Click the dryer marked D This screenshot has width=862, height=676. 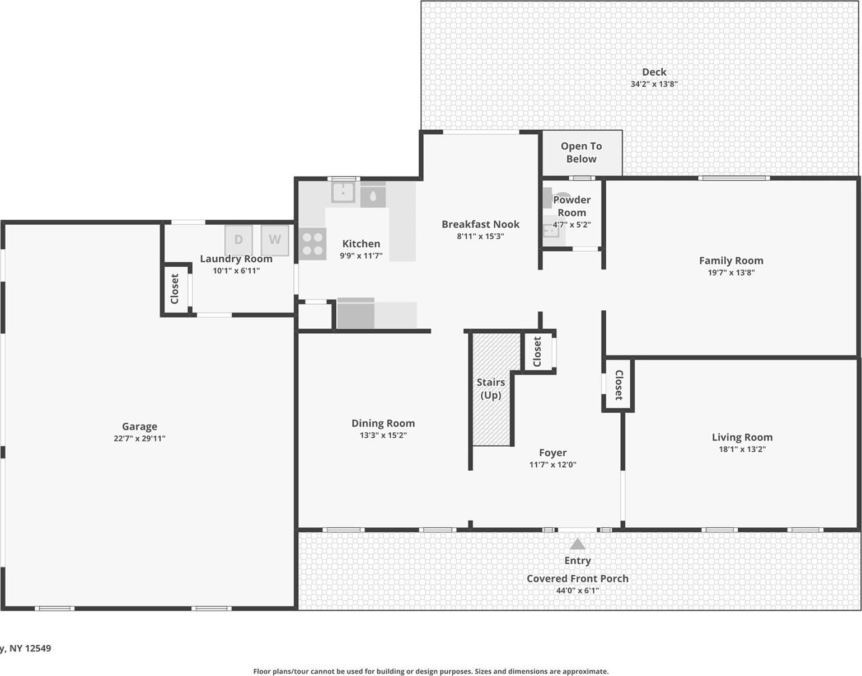click(238, 240)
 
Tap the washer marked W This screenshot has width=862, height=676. click(274, 240)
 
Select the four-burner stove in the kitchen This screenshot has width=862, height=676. click(312, 244)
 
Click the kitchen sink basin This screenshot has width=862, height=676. click(343, 193)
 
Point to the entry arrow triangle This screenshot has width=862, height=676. click(577, 544)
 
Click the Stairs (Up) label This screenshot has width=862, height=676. click(491, 389)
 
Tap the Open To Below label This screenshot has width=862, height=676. click(582, 152)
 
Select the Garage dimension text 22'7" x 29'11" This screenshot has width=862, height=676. click(139, 438)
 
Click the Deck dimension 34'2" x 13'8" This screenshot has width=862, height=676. click(654, 84)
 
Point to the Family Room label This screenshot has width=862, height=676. click(731, 261)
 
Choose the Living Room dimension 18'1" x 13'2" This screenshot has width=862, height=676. click(742, 449)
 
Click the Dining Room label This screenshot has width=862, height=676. click(383, 423)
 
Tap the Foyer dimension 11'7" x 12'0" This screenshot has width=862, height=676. click(552, 465)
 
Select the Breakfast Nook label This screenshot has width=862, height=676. click(480, 224)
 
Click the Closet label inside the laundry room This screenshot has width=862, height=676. click(175, 289)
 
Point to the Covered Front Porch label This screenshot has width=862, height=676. click(577, 579)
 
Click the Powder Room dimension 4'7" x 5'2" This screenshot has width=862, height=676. click(571, 225)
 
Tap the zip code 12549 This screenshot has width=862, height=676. click(38, 649)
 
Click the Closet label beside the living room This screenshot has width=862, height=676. click(619, 385)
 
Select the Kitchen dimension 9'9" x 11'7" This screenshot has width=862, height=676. click(361, 256)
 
